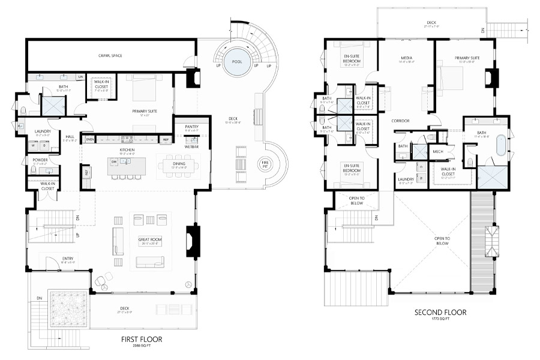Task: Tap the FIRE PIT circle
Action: [x=265, y=163]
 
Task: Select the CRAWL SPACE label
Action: [x=110, y=55]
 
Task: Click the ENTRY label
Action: [x=67, y=259]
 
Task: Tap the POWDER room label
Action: [x=40, y=160]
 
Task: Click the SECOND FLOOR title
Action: [x=440, y=313]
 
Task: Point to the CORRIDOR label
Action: [x=401, y=121]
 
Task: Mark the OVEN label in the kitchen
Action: [x=90, y=139]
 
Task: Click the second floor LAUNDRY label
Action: [x=405, y=179]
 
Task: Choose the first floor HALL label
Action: [x=70, y=137]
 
